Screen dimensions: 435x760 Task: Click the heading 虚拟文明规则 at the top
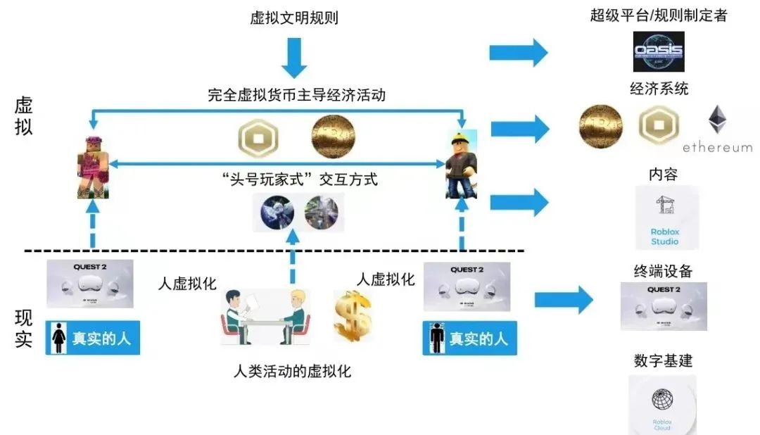click(x=294, y=18)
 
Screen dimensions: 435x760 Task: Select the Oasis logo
click(x=658, y=51)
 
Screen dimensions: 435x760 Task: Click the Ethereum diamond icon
click(x=717, y=120)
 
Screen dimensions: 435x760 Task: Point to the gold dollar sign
click(x=352, y=315)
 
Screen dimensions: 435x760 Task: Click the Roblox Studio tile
click(x=666, y=217)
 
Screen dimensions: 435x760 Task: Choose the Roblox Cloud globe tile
click(x=661, y=405)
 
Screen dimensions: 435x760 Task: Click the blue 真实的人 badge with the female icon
click(x=93, y=338)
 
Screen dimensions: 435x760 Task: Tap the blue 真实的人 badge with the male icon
click(x=469, y=338)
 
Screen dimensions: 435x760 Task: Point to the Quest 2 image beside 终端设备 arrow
click(x=663, y=306)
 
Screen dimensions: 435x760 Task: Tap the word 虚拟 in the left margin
click(x=23, y=116)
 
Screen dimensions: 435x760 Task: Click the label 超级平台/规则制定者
click(x=659, y=15)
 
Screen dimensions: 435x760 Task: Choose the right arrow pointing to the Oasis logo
click(x=519, y=53)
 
